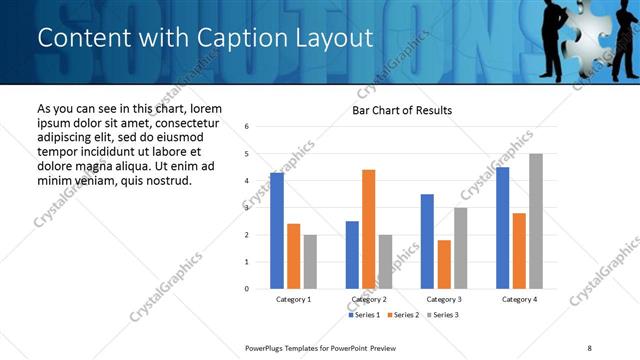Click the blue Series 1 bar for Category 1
click(277, 231)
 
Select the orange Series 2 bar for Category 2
click(368, 229)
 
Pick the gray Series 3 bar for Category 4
click(536, 221)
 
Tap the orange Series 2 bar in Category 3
click(444, 264)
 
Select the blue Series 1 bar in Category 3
click(427, 241)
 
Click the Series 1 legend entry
click(363, 315)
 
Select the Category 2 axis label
click(369, 299)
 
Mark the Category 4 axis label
click(519, 299)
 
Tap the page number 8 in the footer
click(587, 347)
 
